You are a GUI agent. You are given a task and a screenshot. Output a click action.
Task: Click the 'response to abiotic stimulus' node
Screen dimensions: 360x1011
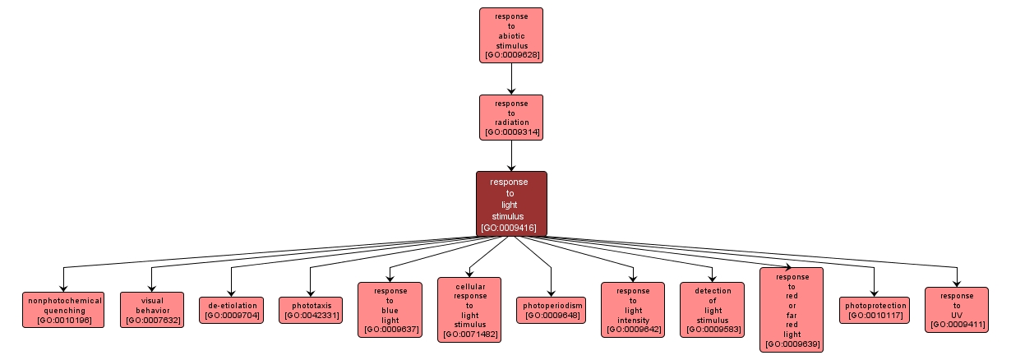pyautogui.click(x=511, y=35)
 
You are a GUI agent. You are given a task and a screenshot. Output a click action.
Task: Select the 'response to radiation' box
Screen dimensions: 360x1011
pyautogui.click(x=511, y=117)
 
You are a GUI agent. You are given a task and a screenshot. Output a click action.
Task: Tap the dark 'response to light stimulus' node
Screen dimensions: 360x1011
pyautogui.click(x=511, y=204)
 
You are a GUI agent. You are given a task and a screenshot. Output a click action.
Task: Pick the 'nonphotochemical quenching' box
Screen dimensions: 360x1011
pyautogui.click(x=64, y=310)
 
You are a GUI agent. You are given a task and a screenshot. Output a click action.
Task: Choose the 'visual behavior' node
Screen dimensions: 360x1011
pyautogui.click(x=152, y=310)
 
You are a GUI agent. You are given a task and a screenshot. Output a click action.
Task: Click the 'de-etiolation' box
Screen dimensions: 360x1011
pyautogui.click(x=231, y=310)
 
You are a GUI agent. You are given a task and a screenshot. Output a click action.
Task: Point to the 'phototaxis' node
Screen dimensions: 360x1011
pyautogui.click(x=310, y=310)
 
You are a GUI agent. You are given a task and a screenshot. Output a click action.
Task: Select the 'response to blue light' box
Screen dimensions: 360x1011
pyautogui.click(x=390, y=310)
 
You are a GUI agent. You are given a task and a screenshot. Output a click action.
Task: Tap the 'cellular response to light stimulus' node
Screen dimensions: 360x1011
pyautogui.click(x=469, y=310)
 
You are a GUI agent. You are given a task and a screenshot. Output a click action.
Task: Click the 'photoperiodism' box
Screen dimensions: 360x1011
pyautogui.click(x=551, y=310)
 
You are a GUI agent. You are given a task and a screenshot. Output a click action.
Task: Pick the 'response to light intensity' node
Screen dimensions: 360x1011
pyautogui.click(x=632, y=310)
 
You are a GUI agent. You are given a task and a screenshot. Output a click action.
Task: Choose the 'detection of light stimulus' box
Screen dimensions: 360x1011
pyautogui.click(x=712, y=310)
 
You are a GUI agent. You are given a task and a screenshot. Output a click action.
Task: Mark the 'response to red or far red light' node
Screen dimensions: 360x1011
pyautogui.click(x=792, y=310)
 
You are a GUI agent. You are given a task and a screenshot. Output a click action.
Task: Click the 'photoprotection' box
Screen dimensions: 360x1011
pyautogui.click(x=875, y=310)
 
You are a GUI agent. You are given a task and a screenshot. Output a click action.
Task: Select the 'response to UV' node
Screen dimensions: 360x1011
pyautogui.click(x=956, y=310)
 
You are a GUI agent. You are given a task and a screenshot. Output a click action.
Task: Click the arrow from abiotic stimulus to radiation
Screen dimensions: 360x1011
pyautogui.click(x=511, y=79)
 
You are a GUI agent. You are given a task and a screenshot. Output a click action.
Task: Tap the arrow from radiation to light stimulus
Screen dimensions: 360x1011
pyautogui.click(x=511, y=155)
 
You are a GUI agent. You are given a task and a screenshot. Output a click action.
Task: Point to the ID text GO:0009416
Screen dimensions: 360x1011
pyautogui.click(x=511, y=228)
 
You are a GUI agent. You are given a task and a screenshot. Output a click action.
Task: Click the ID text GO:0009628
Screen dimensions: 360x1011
pyautogui.click(x=511, y=55)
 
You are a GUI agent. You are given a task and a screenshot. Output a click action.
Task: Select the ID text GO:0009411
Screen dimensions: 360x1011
pyautogui.click(x=956, y=325)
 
